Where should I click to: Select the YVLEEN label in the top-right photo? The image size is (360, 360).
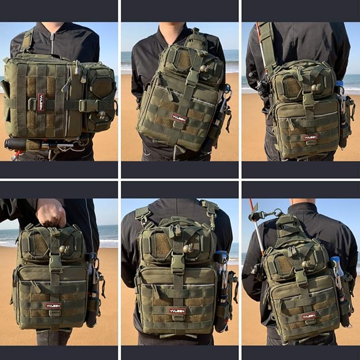pos(310,137)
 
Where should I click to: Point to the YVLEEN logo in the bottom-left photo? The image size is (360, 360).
pos(53,306)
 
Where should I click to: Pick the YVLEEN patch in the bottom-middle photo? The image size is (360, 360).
pos(177,311)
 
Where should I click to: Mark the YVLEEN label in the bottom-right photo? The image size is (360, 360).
pos(309,315)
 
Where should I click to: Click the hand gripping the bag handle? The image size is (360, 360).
pos(51,213)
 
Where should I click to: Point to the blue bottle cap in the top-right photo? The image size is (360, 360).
pos(339,83)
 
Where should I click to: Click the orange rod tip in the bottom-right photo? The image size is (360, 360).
pos(251,204)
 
